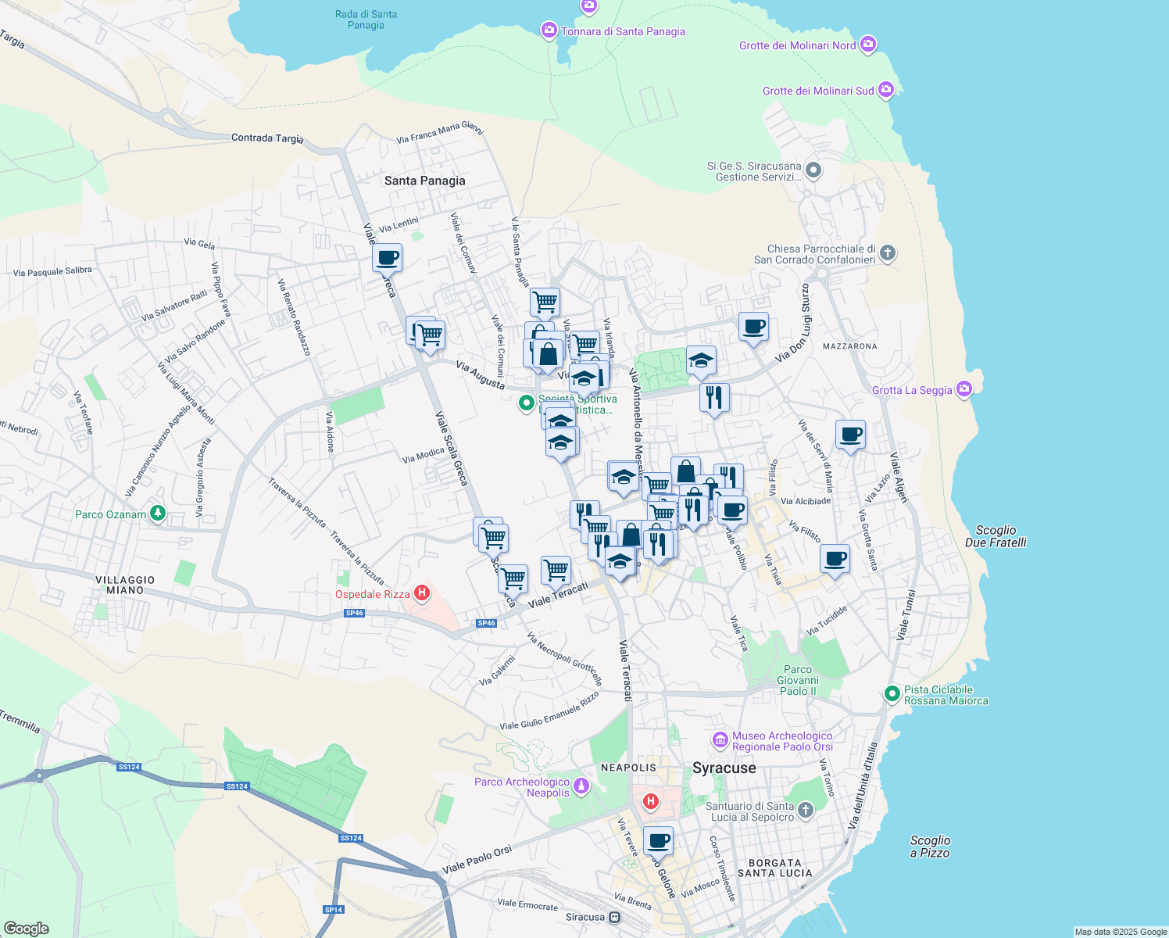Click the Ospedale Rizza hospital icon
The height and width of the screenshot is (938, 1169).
422,593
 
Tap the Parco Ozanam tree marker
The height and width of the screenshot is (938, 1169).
158,514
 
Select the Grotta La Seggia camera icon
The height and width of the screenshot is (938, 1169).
963,389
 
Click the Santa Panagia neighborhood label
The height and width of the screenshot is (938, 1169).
424,181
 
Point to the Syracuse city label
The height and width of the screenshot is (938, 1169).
724,768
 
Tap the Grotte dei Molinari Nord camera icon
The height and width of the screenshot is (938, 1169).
867,45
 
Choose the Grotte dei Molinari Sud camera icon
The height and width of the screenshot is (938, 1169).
885,90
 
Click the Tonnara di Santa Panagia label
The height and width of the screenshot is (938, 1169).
622,31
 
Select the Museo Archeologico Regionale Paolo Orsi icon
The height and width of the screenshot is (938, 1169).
720,739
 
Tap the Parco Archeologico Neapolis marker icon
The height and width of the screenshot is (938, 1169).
581,786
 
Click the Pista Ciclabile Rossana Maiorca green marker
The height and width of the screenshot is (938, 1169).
892,693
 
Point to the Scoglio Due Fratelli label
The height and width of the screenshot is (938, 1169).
996,536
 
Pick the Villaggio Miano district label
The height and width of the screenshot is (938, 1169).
125,585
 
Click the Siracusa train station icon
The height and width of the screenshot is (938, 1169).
615,917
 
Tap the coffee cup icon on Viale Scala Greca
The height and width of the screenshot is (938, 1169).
387,257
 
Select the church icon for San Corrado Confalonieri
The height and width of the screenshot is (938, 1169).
887,252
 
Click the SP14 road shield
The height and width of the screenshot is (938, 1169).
334,909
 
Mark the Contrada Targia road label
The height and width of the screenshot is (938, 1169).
267,138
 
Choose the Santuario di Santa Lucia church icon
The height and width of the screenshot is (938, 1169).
806,811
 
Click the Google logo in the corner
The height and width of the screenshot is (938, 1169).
26,928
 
